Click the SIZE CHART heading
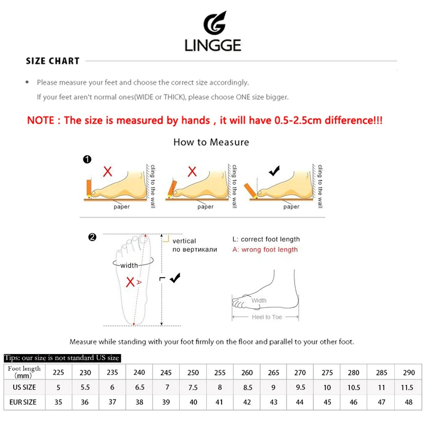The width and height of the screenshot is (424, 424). [52, 61]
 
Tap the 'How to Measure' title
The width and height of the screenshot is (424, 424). [211, 142]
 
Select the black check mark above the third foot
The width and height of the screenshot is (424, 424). [273, 171]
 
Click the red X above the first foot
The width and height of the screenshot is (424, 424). [108, 171]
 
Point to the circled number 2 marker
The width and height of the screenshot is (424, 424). [92, 237]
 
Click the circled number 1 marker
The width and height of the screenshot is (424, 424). [87, 159]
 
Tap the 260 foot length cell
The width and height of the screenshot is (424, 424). [246, 373]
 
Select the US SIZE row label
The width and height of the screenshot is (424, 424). [24, 387]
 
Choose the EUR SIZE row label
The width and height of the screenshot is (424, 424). [24, 402]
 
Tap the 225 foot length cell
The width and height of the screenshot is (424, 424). [58, 373]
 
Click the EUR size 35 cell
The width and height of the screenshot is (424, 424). [58, 402]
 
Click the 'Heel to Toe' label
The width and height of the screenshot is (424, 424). [267, 317]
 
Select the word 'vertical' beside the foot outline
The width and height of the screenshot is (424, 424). [184, 241]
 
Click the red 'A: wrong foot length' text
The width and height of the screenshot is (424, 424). [265, 250]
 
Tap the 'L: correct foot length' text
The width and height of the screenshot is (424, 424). [266, 240]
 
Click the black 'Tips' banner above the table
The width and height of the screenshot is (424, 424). [62, 358]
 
